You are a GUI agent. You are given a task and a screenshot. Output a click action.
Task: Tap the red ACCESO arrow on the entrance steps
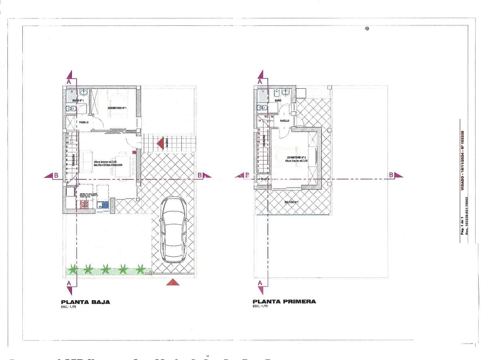point(160,144)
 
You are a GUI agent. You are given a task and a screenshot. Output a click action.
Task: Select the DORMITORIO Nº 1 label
point(117,108)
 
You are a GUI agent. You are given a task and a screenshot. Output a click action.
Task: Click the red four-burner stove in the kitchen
point(84,204)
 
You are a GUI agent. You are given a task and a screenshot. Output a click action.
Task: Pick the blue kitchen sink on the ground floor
point(103,205)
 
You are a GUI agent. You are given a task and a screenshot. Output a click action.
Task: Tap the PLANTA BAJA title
point(86,302)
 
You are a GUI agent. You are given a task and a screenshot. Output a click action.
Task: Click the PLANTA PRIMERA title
point(284,301)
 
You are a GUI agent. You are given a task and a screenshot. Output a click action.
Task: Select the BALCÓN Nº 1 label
point(291,202)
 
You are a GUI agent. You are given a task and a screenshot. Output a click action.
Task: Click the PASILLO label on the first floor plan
point(285,121)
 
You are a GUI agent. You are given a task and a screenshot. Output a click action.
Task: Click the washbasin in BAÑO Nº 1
point(83,92)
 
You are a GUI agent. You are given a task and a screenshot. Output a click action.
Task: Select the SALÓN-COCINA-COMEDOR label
point(108,165)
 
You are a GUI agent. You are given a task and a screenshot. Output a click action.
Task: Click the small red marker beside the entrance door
point(134,152)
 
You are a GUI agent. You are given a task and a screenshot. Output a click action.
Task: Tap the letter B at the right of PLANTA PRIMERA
point(391,175)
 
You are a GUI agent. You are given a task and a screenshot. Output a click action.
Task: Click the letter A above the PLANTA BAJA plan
point(69,81)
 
